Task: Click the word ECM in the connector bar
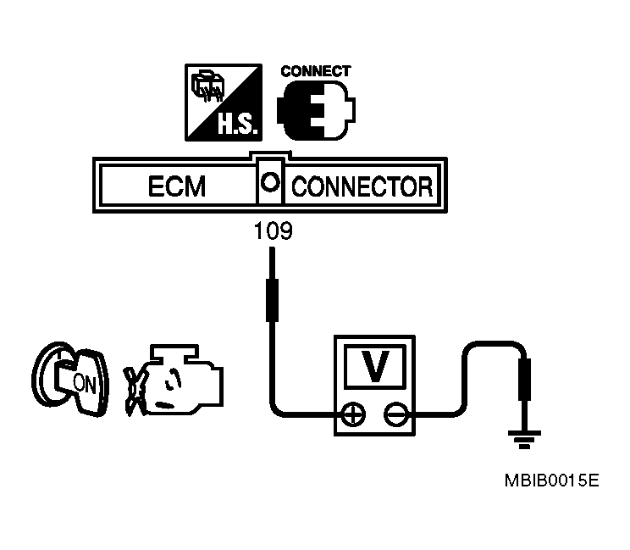coord(177,185)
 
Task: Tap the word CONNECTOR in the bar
coord(362,185)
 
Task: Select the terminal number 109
coord(274,231)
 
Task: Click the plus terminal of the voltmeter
coord(351,414)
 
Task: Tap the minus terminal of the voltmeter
coord(395,414)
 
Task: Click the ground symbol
coord(524,439)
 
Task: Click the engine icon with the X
coord(174,377)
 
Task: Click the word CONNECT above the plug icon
coord(315,72)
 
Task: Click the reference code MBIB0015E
coord(551,481)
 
